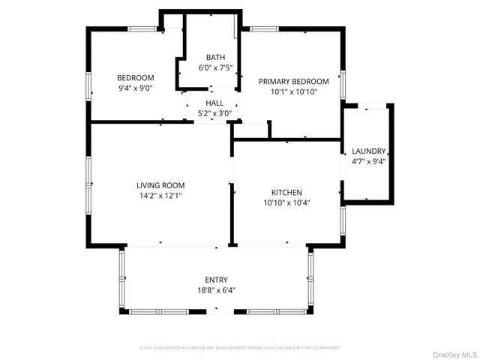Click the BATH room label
[x=215, y=57]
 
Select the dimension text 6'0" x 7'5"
[x=215, y=67]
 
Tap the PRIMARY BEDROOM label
[x=293, y=81]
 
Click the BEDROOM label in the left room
[x=135, y=77]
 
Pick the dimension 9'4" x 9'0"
[x=135, y=88]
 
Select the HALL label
[x=214, y=103]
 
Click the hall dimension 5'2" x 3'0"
[x=214, y=113]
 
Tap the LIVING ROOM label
[x=160, y=185]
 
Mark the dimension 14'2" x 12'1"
[x=160, y=196]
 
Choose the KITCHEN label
[x=286, y=192]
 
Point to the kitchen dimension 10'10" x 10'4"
[x=286, y=202]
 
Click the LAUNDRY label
[x=368, y=151]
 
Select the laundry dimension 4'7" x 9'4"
[x=368, y=161]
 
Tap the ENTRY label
[x=217, y=280]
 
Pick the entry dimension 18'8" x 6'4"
[x=217, y=290]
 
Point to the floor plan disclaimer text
[x=240, y=348]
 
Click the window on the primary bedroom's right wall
[x=343, y=84]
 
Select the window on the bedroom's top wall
[x=142, y=28]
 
